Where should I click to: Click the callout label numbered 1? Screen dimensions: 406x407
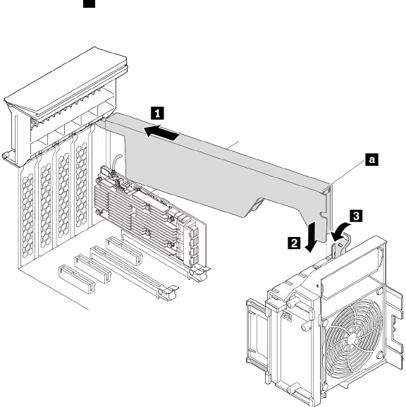click(x=157, y=113)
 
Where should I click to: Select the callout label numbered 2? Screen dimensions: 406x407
click(x=294, y=243)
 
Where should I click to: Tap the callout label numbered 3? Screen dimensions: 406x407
click(x=356, y=216)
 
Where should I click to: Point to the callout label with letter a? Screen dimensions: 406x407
click(x=371, y=159)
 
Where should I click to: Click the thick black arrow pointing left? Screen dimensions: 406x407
click(x=161, y=133)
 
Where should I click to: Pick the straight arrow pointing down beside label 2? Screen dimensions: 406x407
click(x=312, y=237)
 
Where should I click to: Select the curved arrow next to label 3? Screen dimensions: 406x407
click(x=340, y=231)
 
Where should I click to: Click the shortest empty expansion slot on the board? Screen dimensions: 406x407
click(x=76, y=279)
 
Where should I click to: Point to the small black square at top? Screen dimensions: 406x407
click(x=89, y=4)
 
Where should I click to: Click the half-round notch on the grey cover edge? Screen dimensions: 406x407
click(x=321, y=214)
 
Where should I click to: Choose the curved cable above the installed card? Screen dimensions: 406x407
click(x=116, y=162)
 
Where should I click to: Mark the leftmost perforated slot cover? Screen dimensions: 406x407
click(x=27, y=214)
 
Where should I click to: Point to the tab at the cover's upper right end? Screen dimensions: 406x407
click(x=327, y=191)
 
